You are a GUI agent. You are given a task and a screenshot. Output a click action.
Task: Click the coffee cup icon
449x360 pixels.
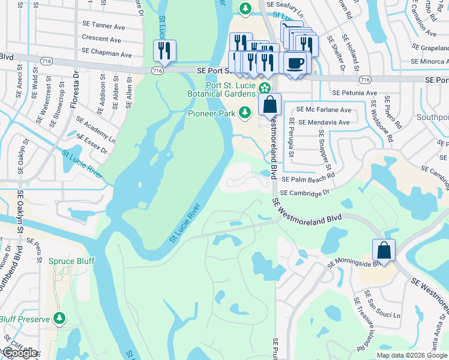pos(295,62)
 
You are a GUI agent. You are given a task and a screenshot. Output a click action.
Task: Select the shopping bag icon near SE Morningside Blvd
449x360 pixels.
pos(384,250)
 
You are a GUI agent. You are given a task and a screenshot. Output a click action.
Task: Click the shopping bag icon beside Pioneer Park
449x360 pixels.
pos(271,104)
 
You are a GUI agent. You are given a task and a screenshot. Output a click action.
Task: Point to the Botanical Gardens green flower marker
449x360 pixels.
pos(265,88)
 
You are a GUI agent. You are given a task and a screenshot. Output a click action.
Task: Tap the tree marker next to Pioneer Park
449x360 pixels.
pos(245,112)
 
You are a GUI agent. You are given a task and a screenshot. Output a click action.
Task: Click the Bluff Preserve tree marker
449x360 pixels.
pos(59,319)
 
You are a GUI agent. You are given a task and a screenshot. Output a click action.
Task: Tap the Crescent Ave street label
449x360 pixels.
pos(102,40)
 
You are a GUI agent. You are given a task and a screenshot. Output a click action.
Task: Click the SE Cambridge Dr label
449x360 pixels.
pos(306,193)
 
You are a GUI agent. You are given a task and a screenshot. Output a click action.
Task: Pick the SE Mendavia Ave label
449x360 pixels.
pos(324,122)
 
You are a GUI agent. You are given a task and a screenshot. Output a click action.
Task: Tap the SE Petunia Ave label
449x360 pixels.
pos(354,93)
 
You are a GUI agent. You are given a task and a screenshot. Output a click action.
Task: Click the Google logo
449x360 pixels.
pos(20,353)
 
